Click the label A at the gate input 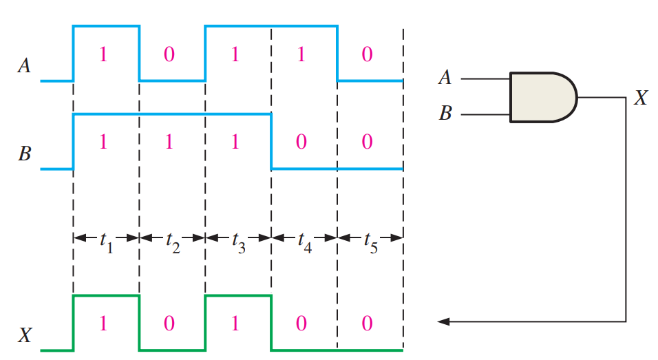(x=445, y=78)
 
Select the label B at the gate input (x=445, y=114)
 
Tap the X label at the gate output (x=640, y=98)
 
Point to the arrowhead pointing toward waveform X (x=445, y=321)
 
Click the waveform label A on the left (x=24, y=67)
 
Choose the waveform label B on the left (x=24, y=153)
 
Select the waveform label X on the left (x=24, y=335)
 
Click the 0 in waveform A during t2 (x=169, y=55)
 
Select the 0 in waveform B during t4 (x=301, y=142)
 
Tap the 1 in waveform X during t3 (x=235, y=324)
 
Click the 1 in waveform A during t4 (x=301, y=55)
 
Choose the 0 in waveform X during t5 (x=368, y=324)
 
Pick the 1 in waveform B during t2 (x=169, y=142)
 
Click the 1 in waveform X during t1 (x=103, y=324)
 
